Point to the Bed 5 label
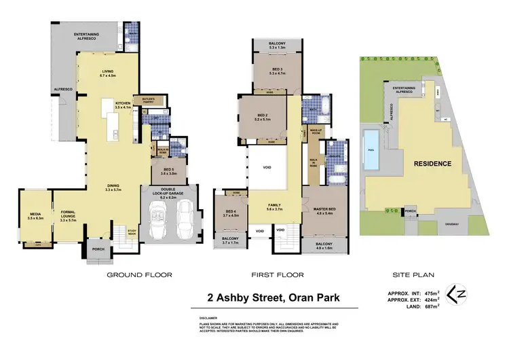click(x=170, y=172)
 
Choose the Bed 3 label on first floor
click(x=278, y=70)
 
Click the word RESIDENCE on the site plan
click(x=432, y=163)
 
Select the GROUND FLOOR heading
click(x=139, y=275)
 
